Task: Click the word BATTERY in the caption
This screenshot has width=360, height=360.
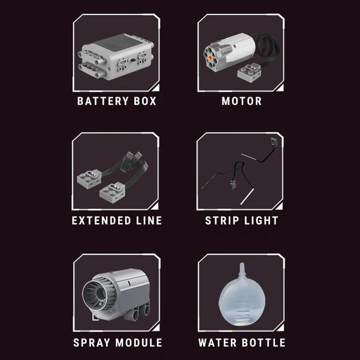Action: [103, 101]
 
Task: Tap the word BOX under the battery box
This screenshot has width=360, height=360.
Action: [145, 101]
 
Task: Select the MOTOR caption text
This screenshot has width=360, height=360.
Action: [242, 101]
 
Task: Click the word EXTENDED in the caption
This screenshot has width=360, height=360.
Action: [101, 221]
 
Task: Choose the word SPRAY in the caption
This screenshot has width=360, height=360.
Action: [92, 343]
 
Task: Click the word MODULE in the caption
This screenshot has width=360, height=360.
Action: [139, 343]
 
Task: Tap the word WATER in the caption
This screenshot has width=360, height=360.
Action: [217, 343]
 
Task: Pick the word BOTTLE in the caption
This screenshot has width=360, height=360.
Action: [264, 343]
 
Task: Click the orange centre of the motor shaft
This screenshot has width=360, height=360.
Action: [210, 58]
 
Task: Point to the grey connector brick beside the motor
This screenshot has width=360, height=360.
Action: [250, 73]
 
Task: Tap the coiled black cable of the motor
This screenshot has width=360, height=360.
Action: [268, 48]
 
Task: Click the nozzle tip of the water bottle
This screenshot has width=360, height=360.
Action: [242, 265]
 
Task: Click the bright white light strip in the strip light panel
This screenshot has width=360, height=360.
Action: [247, 197]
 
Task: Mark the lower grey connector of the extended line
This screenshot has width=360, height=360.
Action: [113, 193]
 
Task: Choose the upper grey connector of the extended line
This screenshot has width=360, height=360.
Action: [89, 179]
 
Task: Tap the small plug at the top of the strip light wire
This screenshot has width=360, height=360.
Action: [274, 140]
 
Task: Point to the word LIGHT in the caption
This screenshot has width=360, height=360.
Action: [261, 221]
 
